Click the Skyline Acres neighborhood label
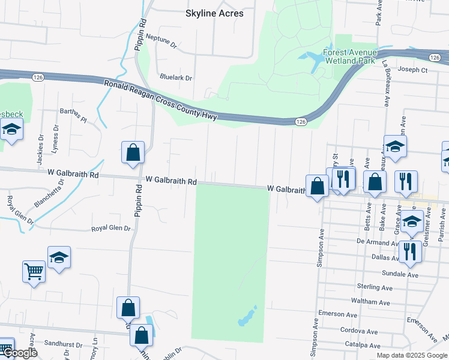214,13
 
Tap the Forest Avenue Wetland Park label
349,56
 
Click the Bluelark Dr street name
176,77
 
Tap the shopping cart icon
34,271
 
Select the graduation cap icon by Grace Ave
411,223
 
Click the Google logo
19,353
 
